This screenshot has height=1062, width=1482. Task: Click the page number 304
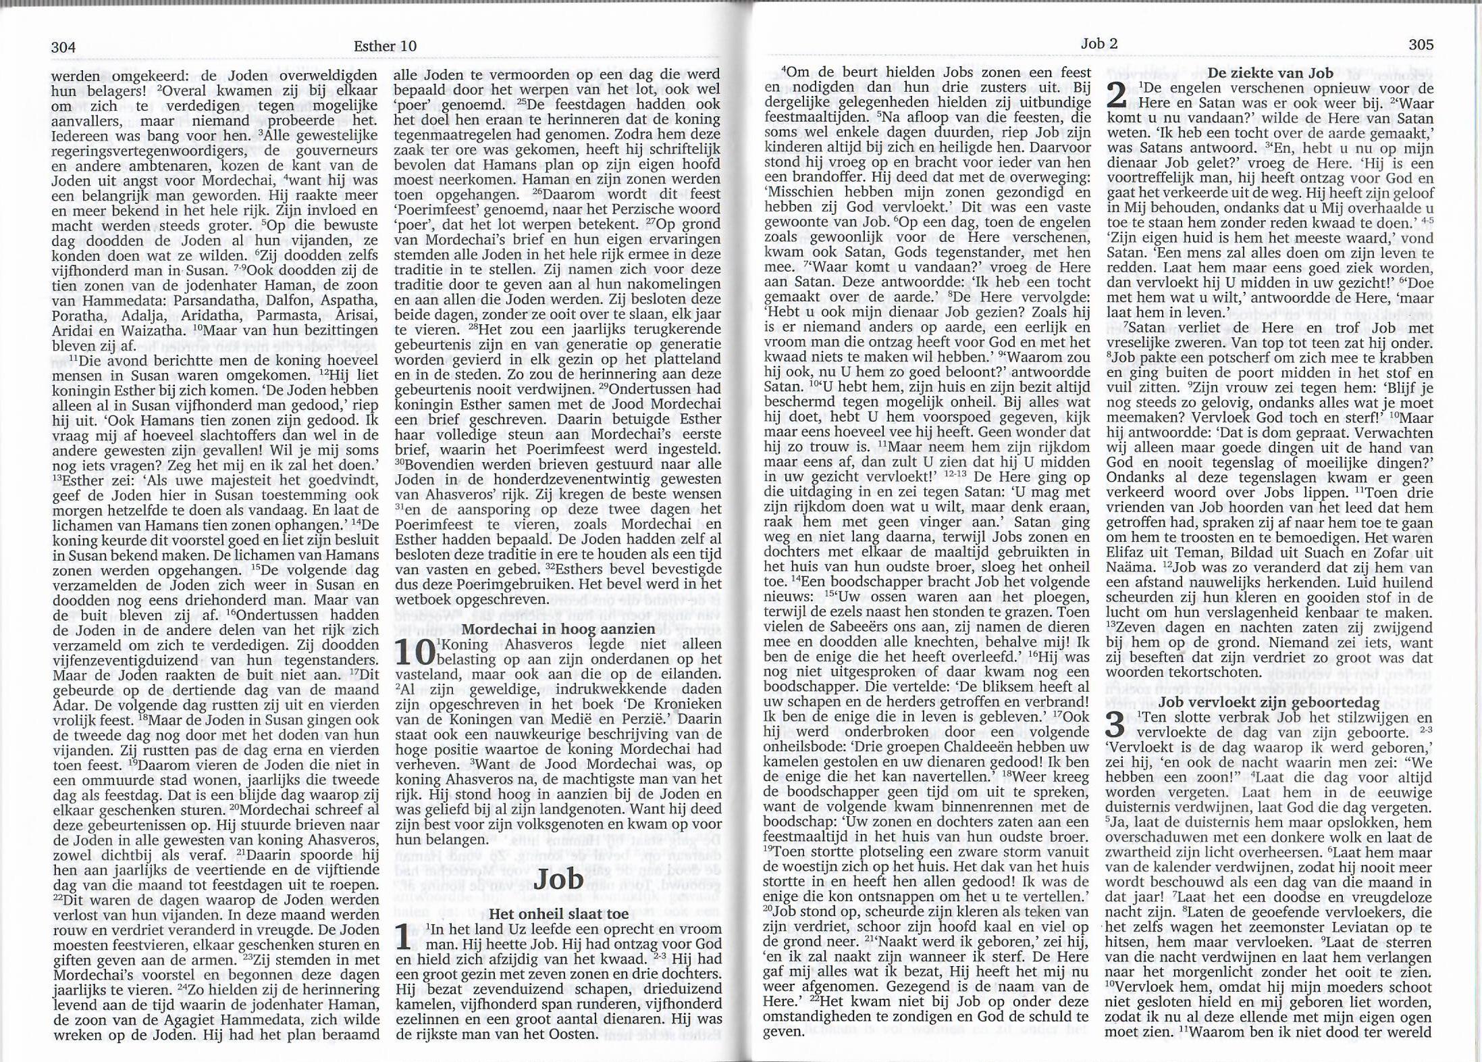[x=63, y=47]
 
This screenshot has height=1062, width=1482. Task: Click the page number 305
[x=1421, y=45]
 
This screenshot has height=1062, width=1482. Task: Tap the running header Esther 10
[x=385, y=46]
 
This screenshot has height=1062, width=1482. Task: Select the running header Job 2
[x=1099, y=44]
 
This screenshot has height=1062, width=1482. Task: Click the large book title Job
[x=558, y=878]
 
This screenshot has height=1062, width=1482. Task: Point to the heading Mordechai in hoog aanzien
[x=558, y=628]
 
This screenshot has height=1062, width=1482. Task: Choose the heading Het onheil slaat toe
[x=558, y=913]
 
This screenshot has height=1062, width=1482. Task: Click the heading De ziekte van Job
[x=1269, y=73]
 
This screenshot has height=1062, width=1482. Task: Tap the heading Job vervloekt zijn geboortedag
[x=1269, y=703]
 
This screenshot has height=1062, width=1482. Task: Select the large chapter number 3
[x=1117, y=726]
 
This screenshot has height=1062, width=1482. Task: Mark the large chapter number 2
[x=1117, y=97]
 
